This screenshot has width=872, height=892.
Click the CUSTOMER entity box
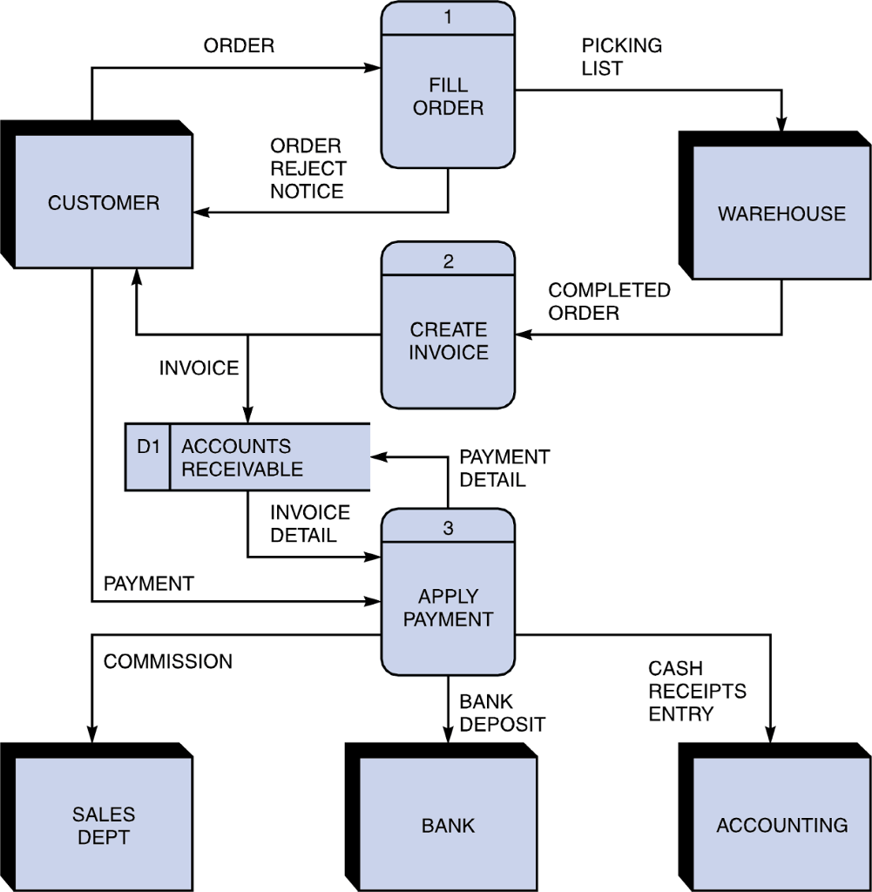pos(103,203)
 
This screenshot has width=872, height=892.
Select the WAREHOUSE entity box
pos(781,213)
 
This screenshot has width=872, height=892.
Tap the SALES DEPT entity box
pos(103,825)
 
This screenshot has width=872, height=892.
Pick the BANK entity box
pos(448,825)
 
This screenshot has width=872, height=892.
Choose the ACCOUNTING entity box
pos(781,825)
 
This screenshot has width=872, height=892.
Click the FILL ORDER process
pos(448,98)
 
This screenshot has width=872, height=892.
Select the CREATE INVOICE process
pos(448,341)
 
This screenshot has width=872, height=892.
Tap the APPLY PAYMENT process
pos(448,608)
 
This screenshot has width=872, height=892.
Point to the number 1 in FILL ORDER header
pos(448,17)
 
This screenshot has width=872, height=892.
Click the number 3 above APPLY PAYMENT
pos(448,527)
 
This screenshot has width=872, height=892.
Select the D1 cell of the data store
pos(148,447)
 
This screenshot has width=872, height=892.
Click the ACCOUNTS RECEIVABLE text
pos(242,457)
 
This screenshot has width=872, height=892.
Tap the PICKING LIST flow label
pos(621,57)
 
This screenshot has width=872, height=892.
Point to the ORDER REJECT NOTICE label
pos(308,168)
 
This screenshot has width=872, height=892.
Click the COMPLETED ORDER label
pos(609,301)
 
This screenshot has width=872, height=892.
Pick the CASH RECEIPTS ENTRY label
pos(697,692)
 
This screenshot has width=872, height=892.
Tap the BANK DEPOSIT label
pos(502,713)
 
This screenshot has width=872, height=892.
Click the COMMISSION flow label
pos(168,662)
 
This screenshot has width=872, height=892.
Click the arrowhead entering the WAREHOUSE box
pos(781,124)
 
